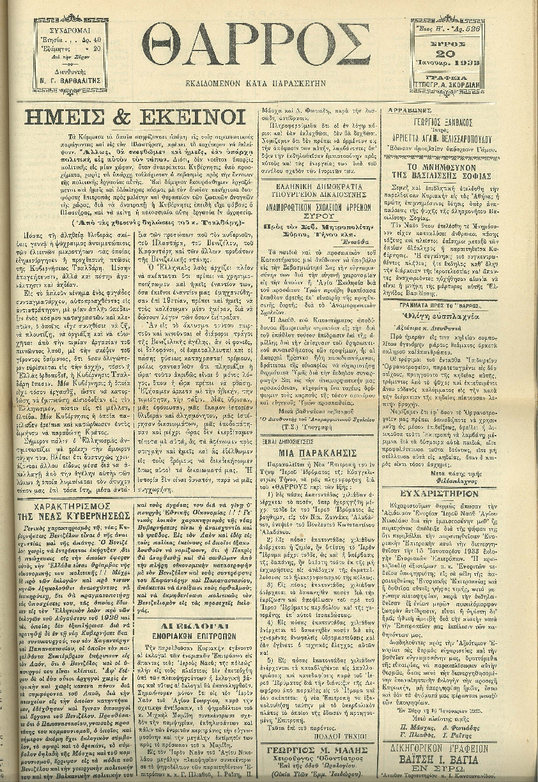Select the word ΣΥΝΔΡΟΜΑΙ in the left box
pos(71,30)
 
